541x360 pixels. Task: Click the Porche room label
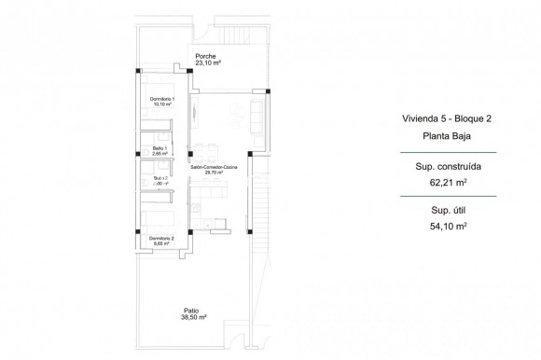coord(206,57)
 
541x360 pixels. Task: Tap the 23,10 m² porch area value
coord(207,64)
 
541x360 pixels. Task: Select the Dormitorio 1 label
coord(162,99)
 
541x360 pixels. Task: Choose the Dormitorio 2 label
coord(162,238)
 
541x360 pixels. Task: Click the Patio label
coord(190,311)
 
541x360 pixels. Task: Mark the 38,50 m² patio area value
coord(193,318)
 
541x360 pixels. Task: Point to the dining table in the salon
coord(213,149)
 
